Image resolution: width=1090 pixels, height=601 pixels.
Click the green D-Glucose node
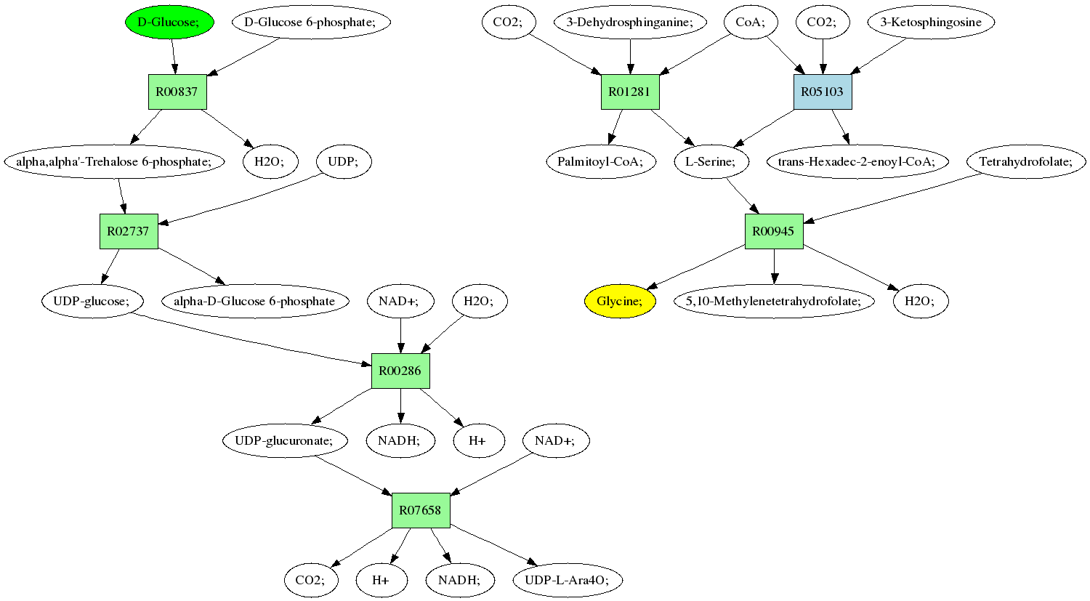(169, 22)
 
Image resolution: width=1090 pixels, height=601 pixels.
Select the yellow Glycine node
(620, 301)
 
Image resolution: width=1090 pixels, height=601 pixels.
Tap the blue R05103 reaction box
(822, 92)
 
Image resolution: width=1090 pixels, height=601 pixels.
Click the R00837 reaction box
(177, 92)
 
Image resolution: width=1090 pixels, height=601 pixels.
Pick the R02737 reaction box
(128, 231)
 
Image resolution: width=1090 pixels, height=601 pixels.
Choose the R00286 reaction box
(400, 371)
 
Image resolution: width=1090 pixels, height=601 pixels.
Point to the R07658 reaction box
(421, 510)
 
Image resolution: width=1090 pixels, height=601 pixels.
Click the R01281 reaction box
(630, 92)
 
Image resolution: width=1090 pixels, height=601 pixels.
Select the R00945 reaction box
(773, 231)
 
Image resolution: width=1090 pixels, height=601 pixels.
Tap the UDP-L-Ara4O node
(568, 580)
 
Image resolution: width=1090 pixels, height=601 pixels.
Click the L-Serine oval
(711, 161)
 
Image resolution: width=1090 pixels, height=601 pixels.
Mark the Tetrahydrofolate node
(1025, 161)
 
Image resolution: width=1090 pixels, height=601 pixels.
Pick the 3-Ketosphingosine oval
(930, 22)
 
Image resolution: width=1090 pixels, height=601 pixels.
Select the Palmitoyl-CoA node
(600, 161)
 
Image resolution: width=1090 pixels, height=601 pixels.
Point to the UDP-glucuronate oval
(284, 440)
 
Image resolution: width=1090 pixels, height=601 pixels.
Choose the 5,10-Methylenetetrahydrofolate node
(774, 301)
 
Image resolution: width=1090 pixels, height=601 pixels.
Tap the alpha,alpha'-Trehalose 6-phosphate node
(113, 161)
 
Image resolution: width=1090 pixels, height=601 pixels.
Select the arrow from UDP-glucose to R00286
(254, 338)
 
